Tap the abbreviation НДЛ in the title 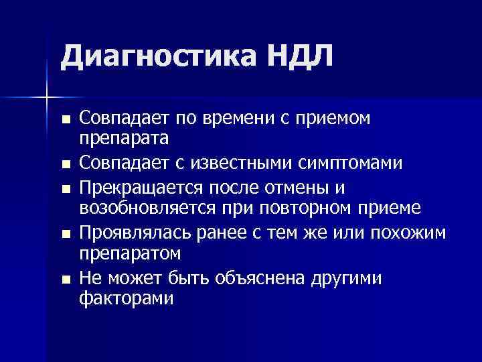(301, 56)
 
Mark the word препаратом (131, 254)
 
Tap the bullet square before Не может (64, 279)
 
